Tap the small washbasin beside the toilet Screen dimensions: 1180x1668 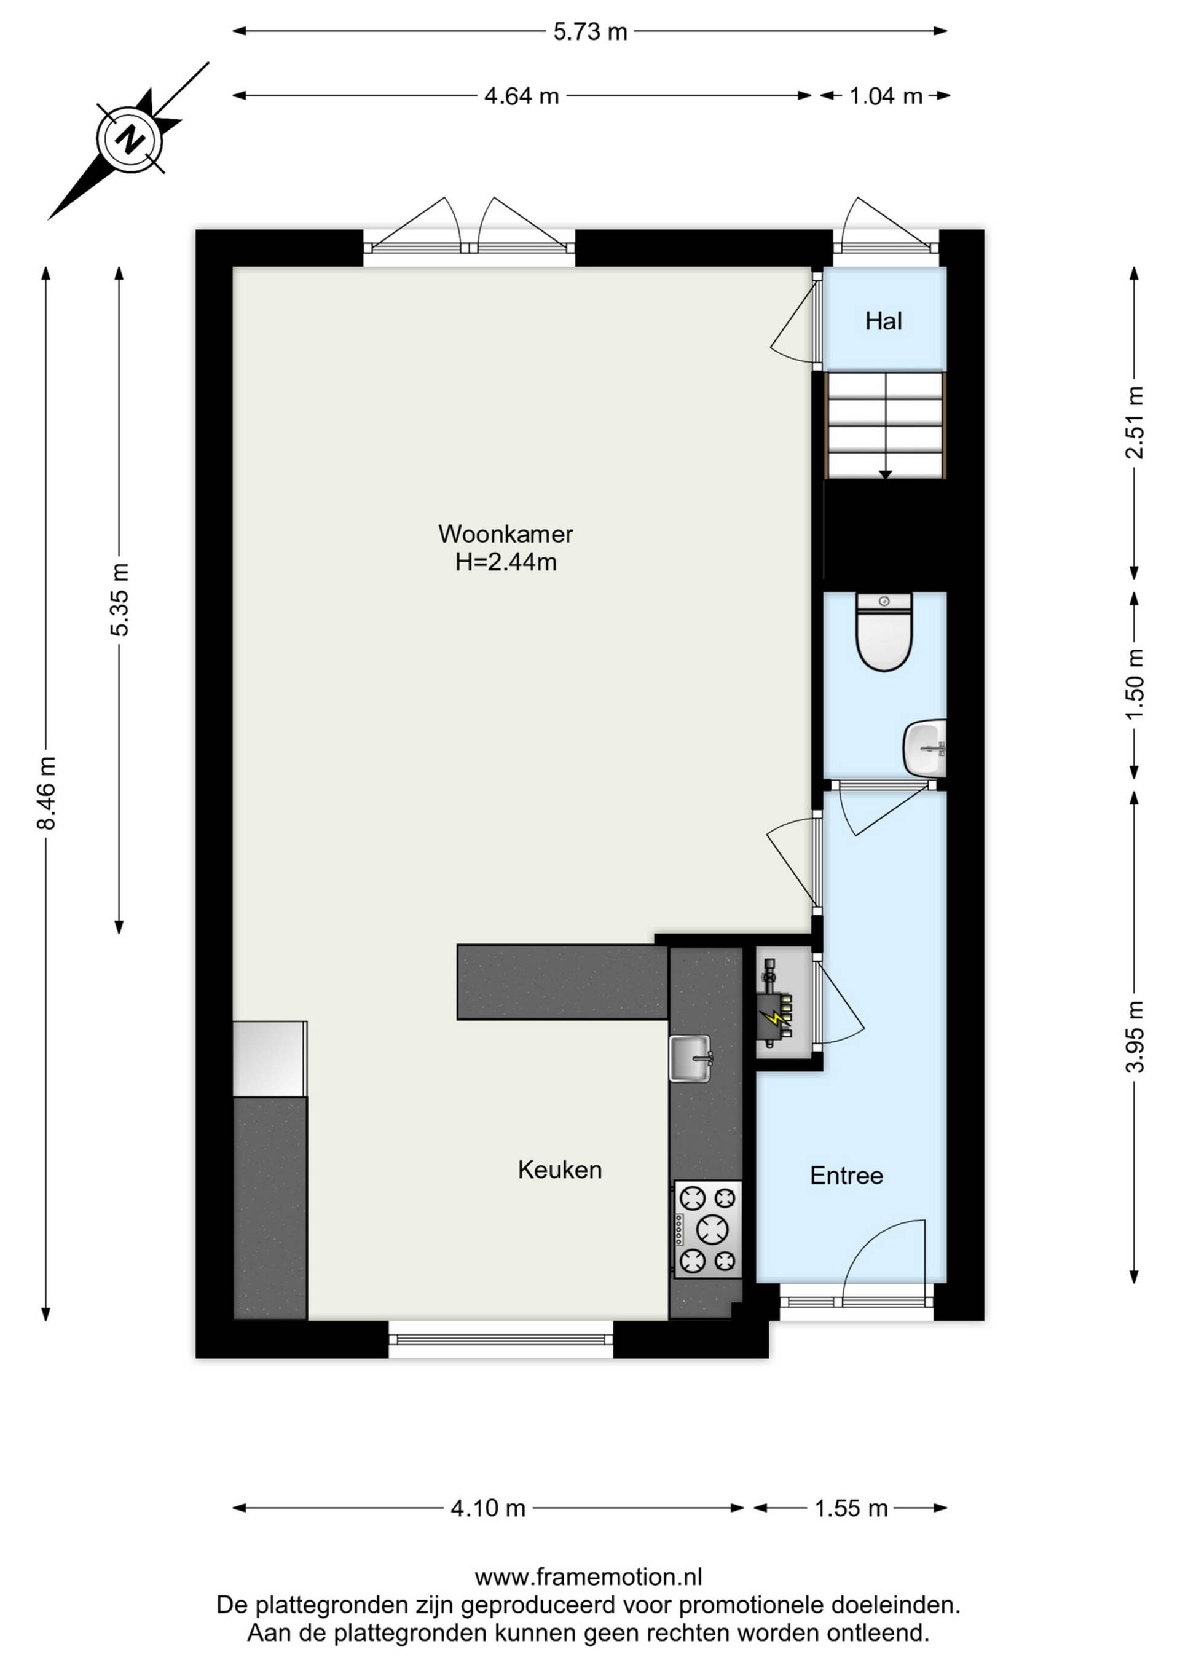click(x=925, y=747)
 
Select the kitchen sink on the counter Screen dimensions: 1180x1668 click(x=690, y=1058)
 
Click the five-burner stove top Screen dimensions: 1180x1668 click(x=708, y=1229)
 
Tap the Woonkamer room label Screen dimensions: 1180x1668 click(x=506, y=534)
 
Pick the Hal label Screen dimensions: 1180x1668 click(x=884, y=321)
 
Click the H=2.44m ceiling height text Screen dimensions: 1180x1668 click(x=506, y=562)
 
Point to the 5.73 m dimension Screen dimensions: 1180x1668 click(x=590, y=31)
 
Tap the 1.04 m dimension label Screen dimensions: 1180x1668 click(x=886, y=96)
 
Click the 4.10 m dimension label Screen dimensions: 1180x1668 click(x=487, y=1508)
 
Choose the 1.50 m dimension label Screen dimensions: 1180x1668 click(x=1135, y=683)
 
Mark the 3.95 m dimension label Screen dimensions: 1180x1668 click(x=1135, y=1037)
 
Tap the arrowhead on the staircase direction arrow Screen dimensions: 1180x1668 click(x=885, y=475)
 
